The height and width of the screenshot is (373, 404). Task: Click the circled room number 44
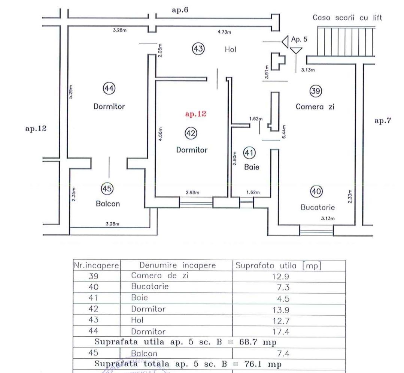point(109,88)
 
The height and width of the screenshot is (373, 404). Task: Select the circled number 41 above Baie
point(249,152)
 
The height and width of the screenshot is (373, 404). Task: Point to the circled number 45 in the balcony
point(107,189)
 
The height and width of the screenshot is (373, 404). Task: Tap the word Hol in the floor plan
point(231,49)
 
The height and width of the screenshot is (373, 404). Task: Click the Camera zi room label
point(315,106)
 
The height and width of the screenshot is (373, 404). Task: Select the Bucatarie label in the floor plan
point(318,207)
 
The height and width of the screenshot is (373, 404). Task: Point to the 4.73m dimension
point(224,32)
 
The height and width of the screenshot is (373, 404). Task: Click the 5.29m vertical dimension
point(71,92)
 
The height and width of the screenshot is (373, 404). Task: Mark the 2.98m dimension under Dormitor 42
point(192,193)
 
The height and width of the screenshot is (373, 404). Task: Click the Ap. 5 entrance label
point(299,39)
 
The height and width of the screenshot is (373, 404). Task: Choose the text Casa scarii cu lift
point(347,18)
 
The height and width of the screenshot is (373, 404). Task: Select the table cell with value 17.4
point(288,331)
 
